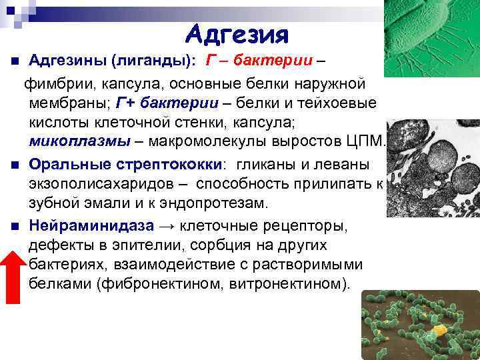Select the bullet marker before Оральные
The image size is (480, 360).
coord(13,165)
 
